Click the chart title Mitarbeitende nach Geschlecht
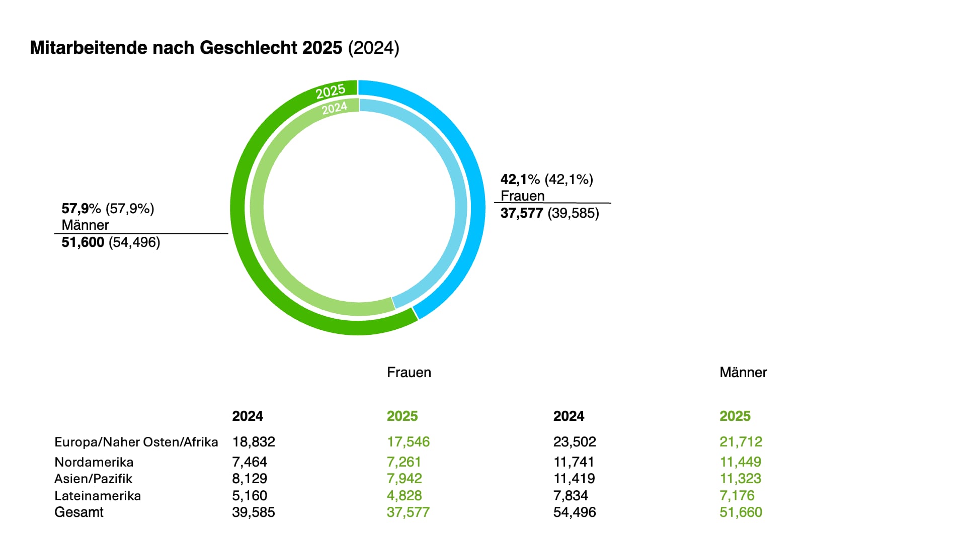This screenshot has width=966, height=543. click(186, 48)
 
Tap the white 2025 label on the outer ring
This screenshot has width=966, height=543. click(331, 92)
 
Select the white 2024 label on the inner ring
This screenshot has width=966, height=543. click(335, 108)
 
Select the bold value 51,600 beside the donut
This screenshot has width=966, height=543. click(83, 242)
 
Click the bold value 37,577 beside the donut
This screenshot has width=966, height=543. click(521, 213)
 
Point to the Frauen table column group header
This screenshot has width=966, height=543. click(409, 373)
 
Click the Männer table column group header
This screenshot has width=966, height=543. click(743, 373)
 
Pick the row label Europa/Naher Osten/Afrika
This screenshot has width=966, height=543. click(136, 442)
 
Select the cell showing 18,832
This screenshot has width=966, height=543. click(254, 442)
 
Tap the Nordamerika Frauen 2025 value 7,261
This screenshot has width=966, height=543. click(404, 462)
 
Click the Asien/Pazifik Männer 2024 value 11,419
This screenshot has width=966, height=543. click(574, 479)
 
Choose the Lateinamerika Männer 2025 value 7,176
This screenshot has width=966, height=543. click(737, 496)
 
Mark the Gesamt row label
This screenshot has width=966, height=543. click(79, 512)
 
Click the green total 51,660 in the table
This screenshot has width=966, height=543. click(741, 512)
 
